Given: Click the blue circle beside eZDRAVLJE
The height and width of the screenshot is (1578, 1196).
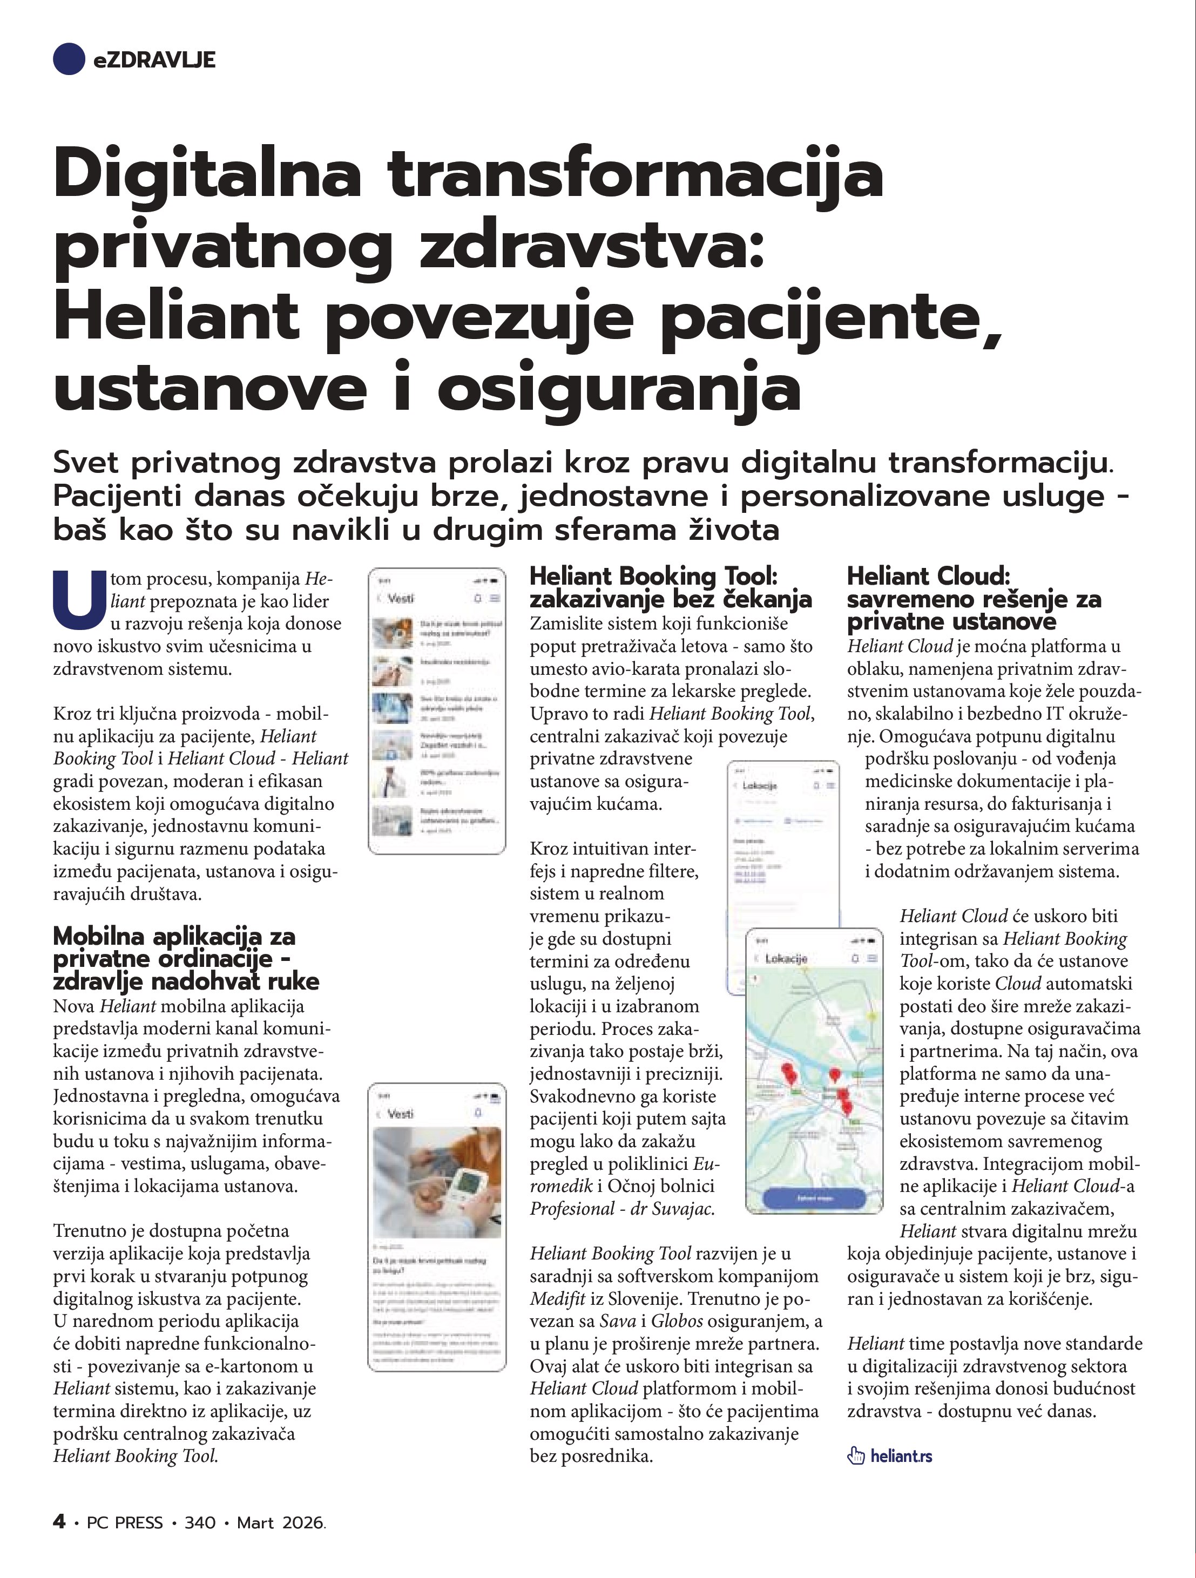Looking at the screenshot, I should (x=69, y=59).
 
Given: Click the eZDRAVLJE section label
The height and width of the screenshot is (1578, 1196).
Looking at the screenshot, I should (x=154, y=60).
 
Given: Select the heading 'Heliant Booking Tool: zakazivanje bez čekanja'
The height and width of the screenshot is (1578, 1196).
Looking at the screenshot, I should (x=670, y=587).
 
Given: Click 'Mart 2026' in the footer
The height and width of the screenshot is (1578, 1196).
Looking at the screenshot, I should (x=281, y=1522).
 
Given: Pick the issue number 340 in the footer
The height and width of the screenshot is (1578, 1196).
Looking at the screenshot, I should (x=200, y=1522).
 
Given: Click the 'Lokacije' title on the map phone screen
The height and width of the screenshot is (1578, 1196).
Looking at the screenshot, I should (x=786, y=959).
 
